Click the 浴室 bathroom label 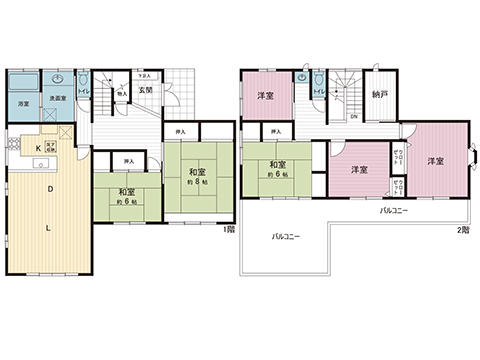(x=22, y=104)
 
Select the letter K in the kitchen (x=39, y=148)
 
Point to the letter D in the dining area (x=49, y=188)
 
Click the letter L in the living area (x=49, y=227)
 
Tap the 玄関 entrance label (x=144, y=90)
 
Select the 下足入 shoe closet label (x=144, y=74)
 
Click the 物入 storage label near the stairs (x=121, y=96)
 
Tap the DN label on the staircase (x=353, y=116)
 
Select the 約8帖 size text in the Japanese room (x=197, y=182)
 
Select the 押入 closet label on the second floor (x=274, y=131)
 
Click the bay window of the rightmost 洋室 (x=474, y=158)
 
